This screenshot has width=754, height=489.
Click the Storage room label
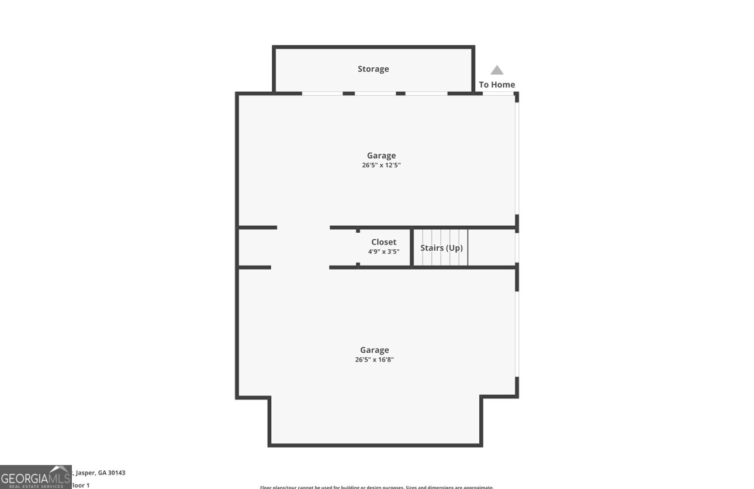tap(373, 69)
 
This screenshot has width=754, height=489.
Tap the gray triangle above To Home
tap(497, 71)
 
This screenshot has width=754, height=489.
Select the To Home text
tap(497, 85)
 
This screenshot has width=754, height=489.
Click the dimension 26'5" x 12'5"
tap(381, 166)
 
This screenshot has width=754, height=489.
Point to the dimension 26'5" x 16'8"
tap(374, 360)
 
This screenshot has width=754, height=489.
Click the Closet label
tap(383, 242)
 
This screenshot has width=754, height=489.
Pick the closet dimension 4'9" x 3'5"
tap(383, 252)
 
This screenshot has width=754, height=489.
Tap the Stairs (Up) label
tap(441, 248)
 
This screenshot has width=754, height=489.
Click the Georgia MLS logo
tap(36, 477)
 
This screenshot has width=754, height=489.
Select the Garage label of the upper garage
tap(381, 156)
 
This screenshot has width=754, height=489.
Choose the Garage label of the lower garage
tap(374, 350)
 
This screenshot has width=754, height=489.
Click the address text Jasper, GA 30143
tap(100, 473)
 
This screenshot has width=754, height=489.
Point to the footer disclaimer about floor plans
tap(376, 487)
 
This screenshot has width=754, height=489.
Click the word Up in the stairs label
tap(455, 248)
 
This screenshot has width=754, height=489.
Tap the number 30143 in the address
tap(116, 473)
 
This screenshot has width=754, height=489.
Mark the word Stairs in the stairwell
tap(432, 248)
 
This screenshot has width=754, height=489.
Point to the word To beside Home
tap(483, 85)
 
